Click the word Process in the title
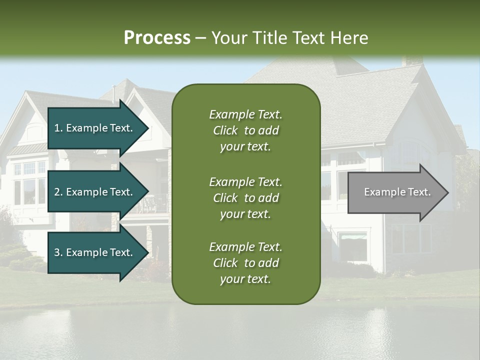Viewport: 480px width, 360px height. point(157,37)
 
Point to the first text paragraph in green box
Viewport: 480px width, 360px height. point(245,130)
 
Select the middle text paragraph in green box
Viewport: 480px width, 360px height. point(245,198)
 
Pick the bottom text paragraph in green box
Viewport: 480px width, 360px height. point(245,263)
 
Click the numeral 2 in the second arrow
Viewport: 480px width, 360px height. point(57,192)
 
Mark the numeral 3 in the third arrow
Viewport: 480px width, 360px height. point(57,252)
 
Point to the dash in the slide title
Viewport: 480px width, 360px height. point(201,38)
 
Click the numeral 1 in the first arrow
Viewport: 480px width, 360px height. point(56,128)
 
